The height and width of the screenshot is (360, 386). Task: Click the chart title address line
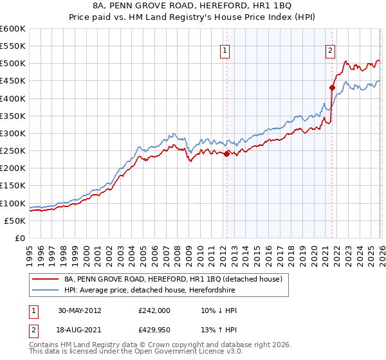193,6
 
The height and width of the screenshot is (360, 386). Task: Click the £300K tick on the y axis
13,133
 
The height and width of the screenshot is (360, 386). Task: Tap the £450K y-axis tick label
13,81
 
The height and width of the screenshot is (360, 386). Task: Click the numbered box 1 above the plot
225,51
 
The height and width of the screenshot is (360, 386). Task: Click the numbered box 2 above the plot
330,51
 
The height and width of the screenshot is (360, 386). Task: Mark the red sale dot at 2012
226,154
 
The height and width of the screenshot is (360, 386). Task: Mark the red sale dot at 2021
332,87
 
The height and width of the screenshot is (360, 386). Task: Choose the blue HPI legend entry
177,291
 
